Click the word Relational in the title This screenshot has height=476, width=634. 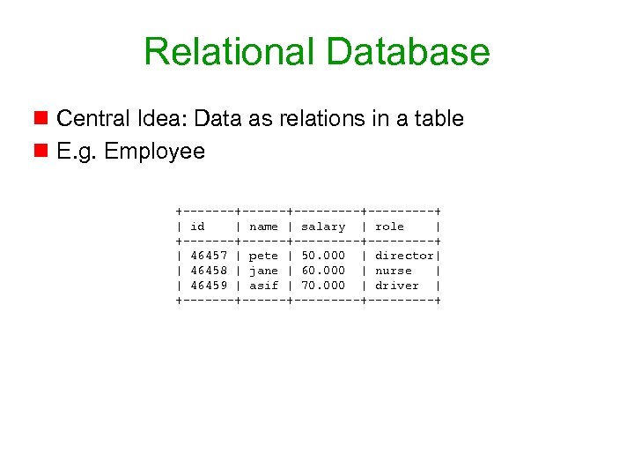[224, 51]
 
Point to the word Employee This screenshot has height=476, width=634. [154, 152]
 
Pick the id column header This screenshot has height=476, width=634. [197, 227]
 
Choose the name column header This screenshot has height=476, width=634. [263, 227]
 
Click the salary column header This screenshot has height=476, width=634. [323, 227]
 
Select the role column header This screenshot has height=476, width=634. [389, 227]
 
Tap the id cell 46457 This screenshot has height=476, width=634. [209, 256]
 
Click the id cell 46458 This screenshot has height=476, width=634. [209, 271]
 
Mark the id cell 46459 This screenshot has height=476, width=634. [209, 286]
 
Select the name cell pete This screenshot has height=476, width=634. [263, 256]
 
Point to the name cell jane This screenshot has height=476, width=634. [263, 271]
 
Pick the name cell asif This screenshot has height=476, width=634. [263, 286]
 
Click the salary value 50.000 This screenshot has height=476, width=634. [323, 256]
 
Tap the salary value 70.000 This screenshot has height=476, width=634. [323, 286]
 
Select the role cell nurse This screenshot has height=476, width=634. [393, 271]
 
